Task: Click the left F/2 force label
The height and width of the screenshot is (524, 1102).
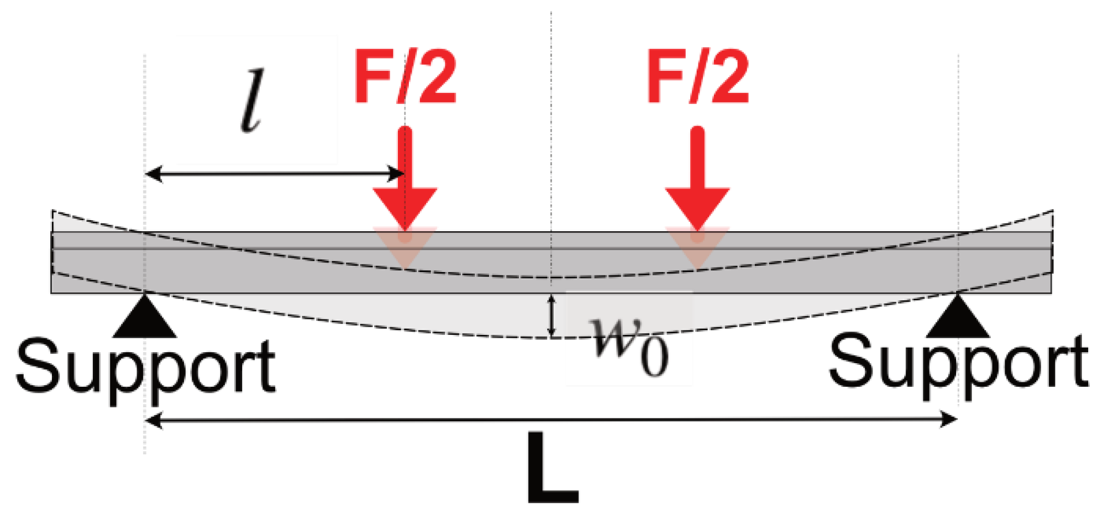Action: pyautogui.click(x=405, y=77)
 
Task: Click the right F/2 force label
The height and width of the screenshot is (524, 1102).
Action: pyautogui.click(x=698, y=77)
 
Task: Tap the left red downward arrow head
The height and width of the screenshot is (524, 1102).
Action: pyautogui.click(x=405, y=208)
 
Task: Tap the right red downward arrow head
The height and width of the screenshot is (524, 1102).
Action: pyautogui.click(x=698, y=208)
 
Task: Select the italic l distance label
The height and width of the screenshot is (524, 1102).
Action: pyautogui.click(x=252, y=101)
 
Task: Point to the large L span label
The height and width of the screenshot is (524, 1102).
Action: pyautogui.click(x=552, y=468)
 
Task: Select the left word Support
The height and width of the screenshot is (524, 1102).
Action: pyautogui.click(x=145, y=367)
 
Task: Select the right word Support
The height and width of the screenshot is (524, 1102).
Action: pyautogui.click(x=958, y=363)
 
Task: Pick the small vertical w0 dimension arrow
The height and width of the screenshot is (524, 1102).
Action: pyautogui.click(x=551, y=315)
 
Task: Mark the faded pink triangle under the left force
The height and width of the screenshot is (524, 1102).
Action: pyautogui.click(x=405, y=245)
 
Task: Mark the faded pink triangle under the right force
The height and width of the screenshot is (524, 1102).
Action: pyautogui.click(x=698, y=245)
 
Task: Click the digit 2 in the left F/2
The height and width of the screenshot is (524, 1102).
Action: pyautogui.click(x=437, y=77)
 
